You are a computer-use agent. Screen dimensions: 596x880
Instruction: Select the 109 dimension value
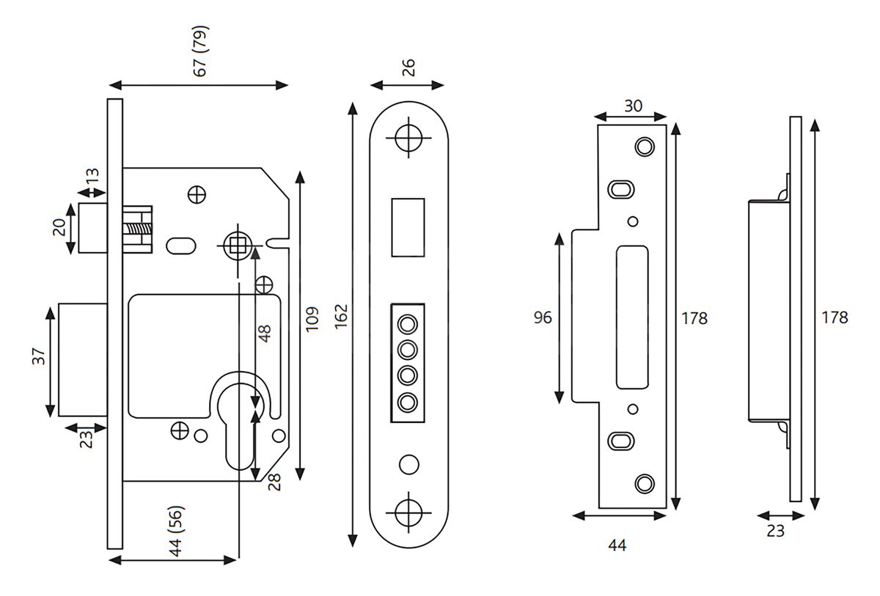[x=313, y=320]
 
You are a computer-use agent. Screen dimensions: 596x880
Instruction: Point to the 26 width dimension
[x=408, y=66]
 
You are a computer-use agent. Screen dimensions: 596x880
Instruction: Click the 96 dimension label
[x=543, y=317]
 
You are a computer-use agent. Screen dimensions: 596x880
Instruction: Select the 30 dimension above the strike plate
[x=632, y=106]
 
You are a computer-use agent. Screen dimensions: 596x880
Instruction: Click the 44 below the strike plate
[x=617, y=545]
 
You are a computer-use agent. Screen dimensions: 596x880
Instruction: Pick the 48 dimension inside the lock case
[x=265, y=334]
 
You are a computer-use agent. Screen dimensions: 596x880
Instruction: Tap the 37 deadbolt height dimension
[x=40, y=357]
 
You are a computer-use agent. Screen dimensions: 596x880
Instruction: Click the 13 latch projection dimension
[x=92, y=177]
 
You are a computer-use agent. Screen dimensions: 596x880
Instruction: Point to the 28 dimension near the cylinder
[x=275, y=482]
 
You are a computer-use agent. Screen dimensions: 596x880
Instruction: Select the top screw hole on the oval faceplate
[x=408, y=136]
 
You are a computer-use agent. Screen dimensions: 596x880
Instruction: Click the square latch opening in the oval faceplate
[x=408, y=227]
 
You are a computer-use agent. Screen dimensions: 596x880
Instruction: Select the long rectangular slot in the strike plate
[x=633, y=317]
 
